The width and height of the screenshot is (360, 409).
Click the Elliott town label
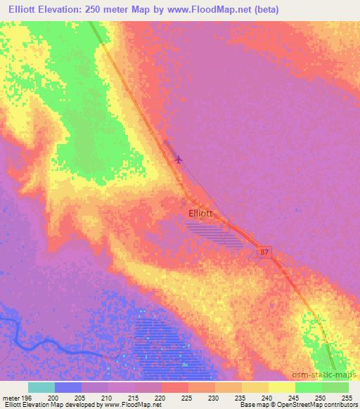[200, 212]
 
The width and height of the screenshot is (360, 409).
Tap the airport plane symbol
[179, 159]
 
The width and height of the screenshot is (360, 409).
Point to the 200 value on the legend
[54, 397]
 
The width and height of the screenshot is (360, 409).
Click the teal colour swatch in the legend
[41, 387]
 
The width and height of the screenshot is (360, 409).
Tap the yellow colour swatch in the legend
[281, 387]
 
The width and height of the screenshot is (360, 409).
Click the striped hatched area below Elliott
[214, 233]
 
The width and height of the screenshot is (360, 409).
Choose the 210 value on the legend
[107, 397]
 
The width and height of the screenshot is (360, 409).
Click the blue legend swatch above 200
[68, 387]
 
